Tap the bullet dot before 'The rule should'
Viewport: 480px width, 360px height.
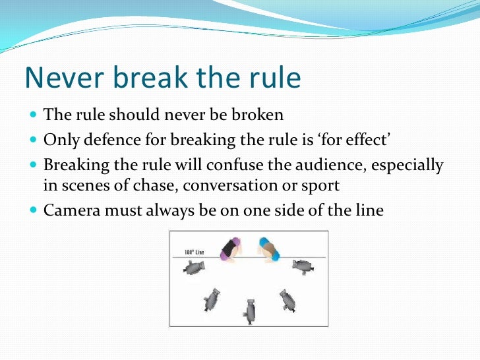click(34, 116)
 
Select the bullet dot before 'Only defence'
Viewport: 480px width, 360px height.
click(34, 140)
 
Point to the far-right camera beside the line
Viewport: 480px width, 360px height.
click(302, 266)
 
